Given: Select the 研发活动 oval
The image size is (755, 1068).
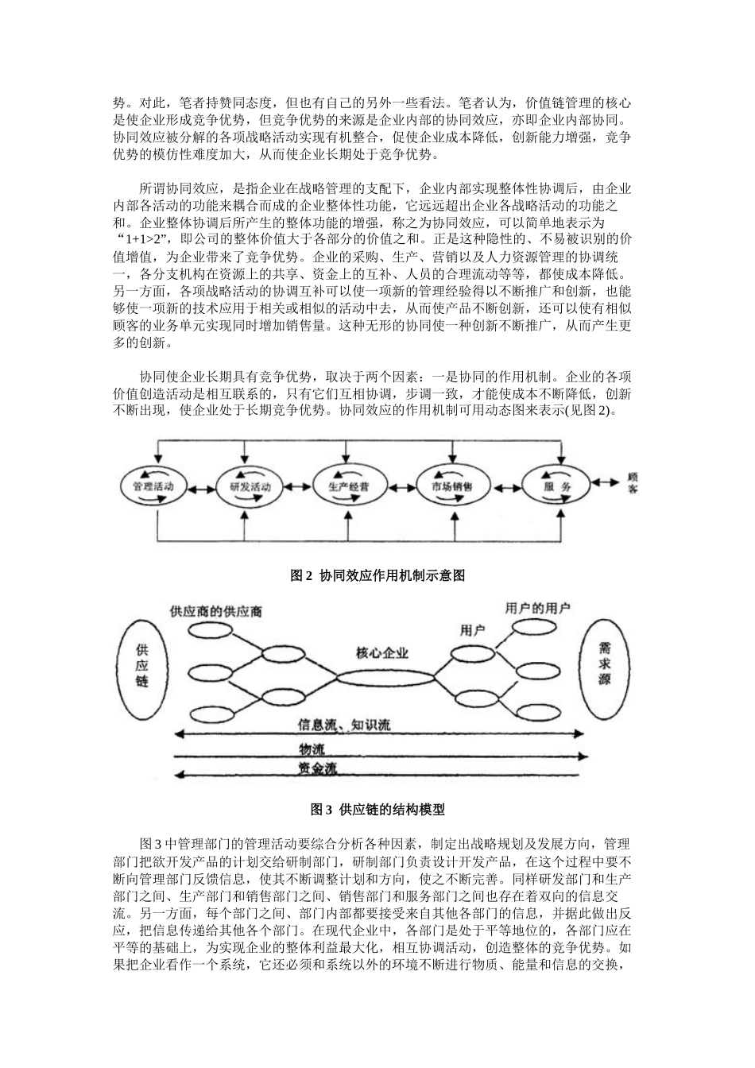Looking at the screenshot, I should [x=249, y=486].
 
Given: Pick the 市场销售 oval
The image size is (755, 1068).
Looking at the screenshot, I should [x=451, y=486].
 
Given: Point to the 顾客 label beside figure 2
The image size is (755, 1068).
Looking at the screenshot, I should [x=633, y=483].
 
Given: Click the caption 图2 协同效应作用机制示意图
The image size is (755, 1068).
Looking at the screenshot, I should [x=377, y=576].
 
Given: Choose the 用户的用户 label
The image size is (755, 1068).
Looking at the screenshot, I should [x=537, y=608].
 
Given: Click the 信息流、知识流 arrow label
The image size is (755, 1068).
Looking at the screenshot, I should [x=344, y=725].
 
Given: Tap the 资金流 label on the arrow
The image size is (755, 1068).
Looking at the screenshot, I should [x=317, y=768].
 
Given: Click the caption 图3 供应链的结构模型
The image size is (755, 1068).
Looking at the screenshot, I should [x=377, y=811].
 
